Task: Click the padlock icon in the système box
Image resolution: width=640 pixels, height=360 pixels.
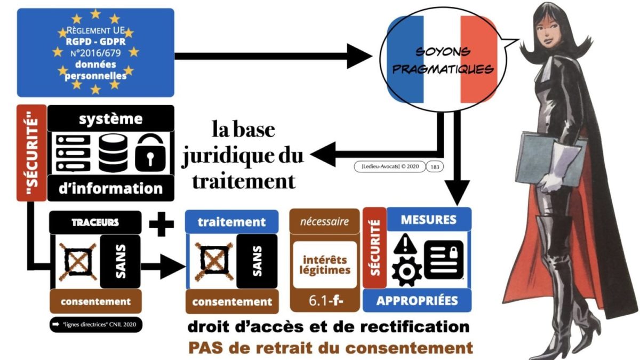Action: coord(150,152)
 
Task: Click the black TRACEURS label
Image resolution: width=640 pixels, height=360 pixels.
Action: coord(95,221)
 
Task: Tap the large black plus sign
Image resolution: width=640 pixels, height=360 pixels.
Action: coord(162,223)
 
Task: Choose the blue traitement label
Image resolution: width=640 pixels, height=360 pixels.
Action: coord(231,221)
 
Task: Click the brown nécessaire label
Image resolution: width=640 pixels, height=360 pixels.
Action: coord(324,221)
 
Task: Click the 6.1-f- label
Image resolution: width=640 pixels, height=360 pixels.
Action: coord(324,302)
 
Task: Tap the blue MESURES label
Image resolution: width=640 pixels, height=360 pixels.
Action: coord(428,219)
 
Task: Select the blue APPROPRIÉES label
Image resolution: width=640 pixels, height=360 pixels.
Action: coord(417,300)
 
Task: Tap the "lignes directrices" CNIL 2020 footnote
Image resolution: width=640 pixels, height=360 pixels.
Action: coord(95,324)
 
